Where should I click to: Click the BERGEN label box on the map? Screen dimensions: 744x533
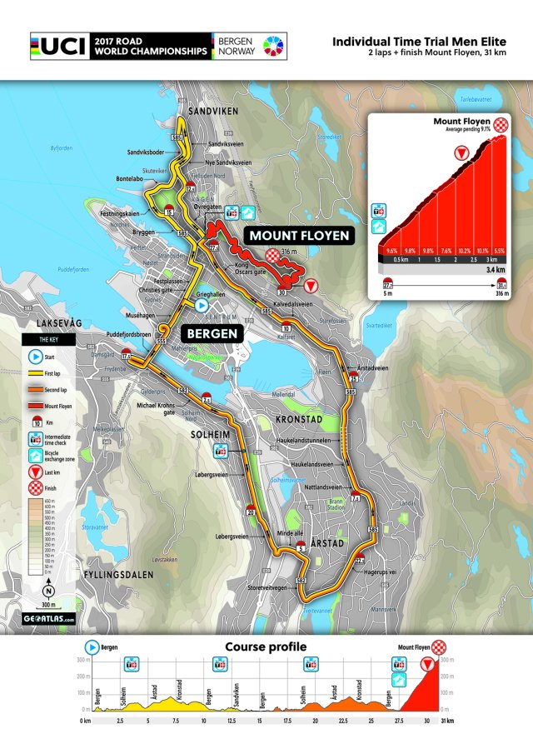(x=212, y=333)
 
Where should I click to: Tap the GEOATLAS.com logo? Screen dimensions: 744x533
(x=49, y=619)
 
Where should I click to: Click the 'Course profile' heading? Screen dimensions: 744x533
(x=266, y=647)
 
